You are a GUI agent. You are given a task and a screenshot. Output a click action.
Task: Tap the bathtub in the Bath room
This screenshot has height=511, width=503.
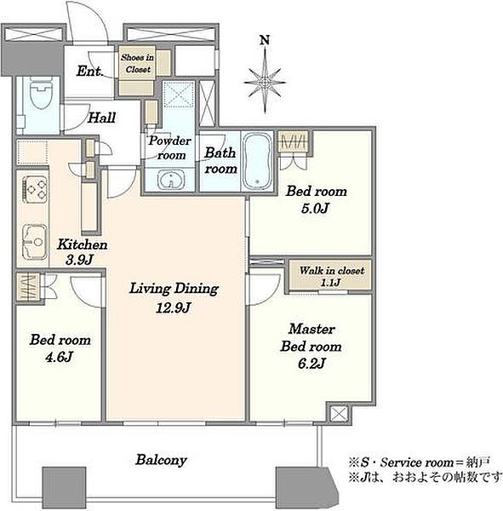257,161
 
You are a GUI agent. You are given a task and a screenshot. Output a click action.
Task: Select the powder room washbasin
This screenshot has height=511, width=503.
171,179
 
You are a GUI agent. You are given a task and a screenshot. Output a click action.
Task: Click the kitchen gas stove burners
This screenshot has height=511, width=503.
36,190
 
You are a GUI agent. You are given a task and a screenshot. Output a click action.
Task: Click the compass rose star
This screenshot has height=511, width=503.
265,82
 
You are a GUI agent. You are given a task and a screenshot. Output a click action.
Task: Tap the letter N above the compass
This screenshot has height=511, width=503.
265,40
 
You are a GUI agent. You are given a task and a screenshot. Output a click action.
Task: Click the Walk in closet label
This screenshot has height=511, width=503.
332,270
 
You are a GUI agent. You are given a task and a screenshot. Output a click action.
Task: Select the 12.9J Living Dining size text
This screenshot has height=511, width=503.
173,307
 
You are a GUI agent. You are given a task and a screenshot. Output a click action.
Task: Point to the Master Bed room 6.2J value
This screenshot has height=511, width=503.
312,363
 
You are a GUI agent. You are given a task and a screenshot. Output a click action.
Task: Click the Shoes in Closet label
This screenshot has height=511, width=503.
138,63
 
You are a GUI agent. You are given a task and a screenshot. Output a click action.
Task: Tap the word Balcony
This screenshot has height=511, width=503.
161,460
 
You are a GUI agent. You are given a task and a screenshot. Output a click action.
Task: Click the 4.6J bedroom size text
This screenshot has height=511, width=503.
59,357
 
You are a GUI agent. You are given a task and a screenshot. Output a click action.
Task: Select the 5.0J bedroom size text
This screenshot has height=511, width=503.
314,209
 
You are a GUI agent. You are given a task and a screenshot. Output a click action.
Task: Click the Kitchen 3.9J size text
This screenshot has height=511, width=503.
79,260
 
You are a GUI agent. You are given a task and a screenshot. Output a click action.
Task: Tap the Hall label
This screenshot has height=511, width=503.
101,118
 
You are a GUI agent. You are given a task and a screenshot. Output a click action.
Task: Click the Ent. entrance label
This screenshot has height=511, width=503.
90,72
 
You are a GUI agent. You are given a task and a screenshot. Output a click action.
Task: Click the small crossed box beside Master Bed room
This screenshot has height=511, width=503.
339,414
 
